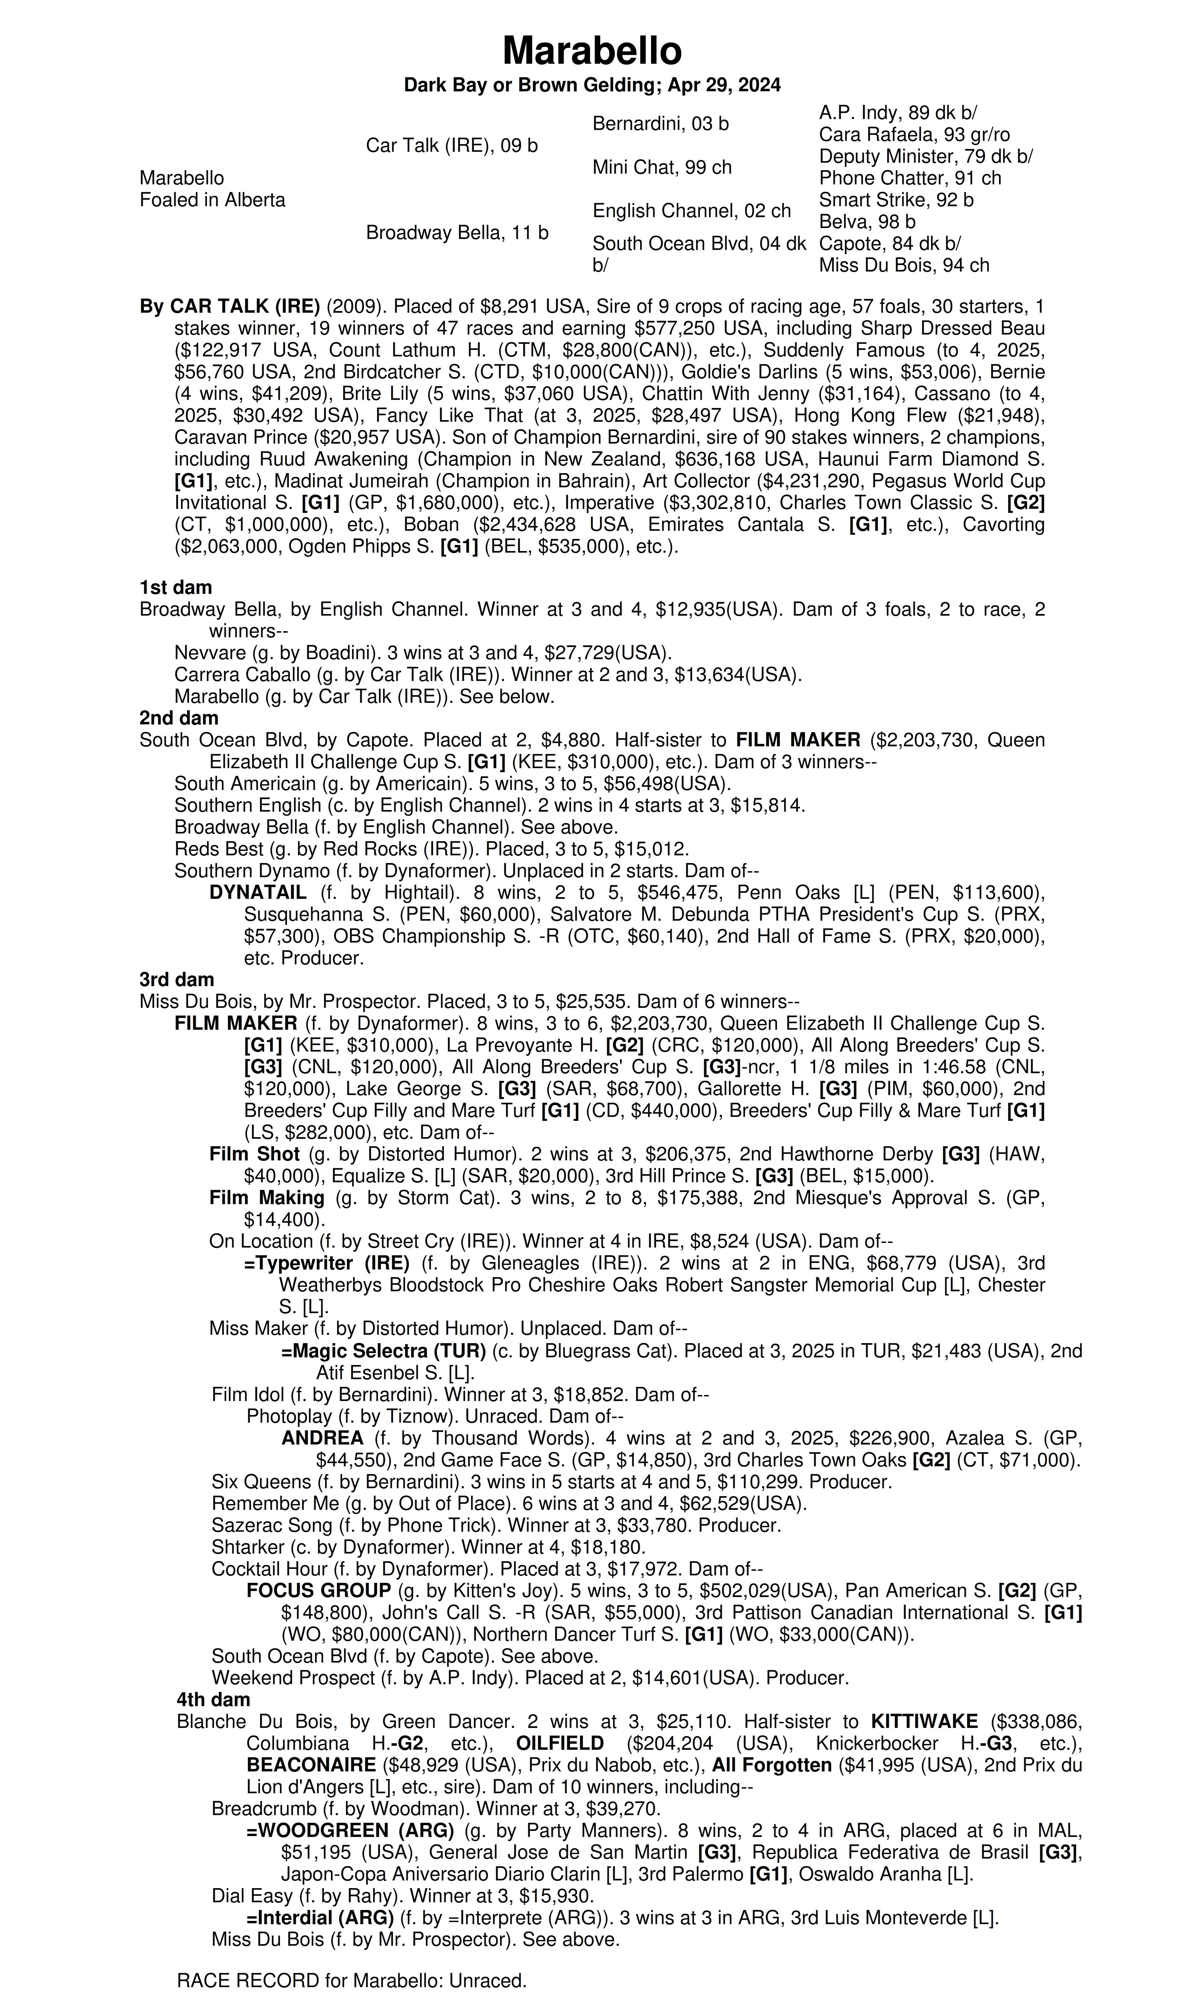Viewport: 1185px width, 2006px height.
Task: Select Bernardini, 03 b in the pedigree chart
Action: (660, 124)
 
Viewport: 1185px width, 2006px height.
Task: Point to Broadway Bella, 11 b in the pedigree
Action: (457, 232)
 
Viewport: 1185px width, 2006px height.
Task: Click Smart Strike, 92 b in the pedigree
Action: (896, 200)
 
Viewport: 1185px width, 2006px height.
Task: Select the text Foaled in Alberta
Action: (212, 200)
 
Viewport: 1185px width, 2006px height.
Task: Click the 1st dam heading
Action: (176, 588)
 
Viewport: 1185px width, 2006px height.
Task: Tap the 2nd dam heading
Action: (179, 718)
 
